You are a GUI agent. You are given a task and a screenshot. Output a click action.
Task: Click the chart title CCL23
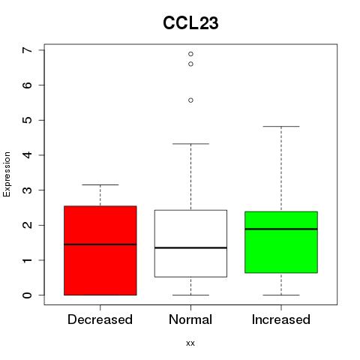190,23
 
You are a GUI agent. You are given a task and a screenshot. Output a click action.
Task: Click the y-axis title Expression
7,174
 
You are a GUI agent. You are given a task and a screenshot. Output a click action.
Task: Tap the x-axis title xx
190,343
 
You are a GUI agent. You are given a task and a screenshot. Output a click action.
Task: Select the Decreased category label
100,319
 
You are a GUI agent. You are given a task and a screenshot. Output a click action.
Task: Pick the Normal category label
190,319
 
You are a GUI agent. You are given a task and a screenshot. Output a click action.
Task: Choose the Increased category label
281,319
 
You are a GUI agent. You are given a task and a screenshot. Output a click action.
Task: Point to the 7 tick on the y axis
27,50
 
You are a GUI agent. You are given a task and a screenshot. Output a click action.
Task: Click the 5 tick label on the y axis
27,120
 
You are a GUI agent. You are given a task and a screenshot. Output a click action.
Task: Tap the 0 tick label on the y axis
27,295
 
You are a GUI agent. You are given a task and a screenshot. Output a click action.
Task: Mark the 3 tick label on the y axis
27,190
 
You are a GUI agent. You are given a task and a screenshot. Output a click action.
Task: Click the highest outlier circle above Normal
190,54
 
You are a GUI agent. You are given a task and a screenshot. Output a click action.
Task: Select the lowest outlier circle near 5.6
190,100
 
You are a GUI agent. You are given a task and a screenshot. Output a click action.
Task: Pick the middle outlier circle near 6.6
190,64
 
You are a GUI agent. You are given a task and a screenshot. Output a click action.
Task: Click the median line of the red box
100,244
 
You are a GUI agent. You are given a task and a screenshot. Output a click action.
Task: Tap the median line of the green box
281,229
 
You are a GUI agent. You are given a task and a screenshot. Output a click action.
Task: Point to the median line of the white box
190,247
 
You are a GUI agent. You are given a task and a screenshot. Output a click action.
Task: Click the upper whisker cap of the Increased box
281,127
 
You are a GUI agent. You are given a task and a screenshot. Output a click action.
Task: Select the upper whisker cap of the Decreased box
100,184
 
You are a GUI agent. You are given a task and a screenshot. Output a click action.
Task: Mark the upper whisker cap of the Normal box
190,144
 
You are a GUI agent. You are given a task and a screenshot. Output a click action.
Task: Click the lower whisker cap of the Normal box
190,295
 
